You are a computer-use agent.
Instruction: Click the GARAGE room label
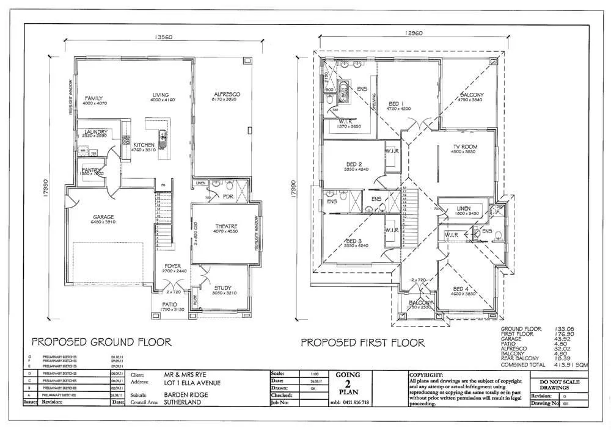pos(104,217)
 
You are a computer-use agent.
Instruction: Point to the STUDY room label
pos(224,288)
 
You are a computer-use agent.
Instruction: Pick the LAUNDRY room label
pos(97,132)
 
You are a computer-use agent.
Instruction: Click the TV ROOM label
pos(465,147)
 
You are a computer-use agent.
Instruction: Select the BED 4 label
pos(462,289)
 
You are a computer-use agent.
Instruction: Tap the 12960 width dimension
pos(413,34)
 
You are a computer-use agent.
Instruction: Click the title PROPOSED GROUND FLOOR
pos(101,342)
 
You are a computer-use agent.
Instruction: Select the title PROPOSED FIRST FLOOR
pos(362,342)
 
